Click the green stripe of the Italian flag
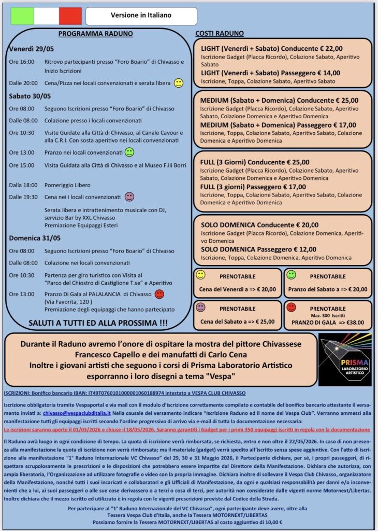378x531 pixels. click(x=22, y=16)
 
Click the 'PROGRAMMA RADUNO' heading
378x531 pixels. click(x=96, y=34)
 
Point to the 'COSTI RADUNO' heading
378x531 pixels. click(x=216, y=34)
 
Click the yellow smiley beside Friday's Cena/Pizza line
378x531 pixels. click(x=178, y=83)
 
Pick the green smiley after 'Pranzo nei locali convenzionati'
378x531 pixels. click(x=129, y=152)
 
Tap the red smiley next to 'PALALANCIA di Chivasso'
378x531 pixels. click(x=159, y=295)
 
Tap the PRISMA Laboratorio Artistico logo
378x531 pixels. click(x=344, y=359)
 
